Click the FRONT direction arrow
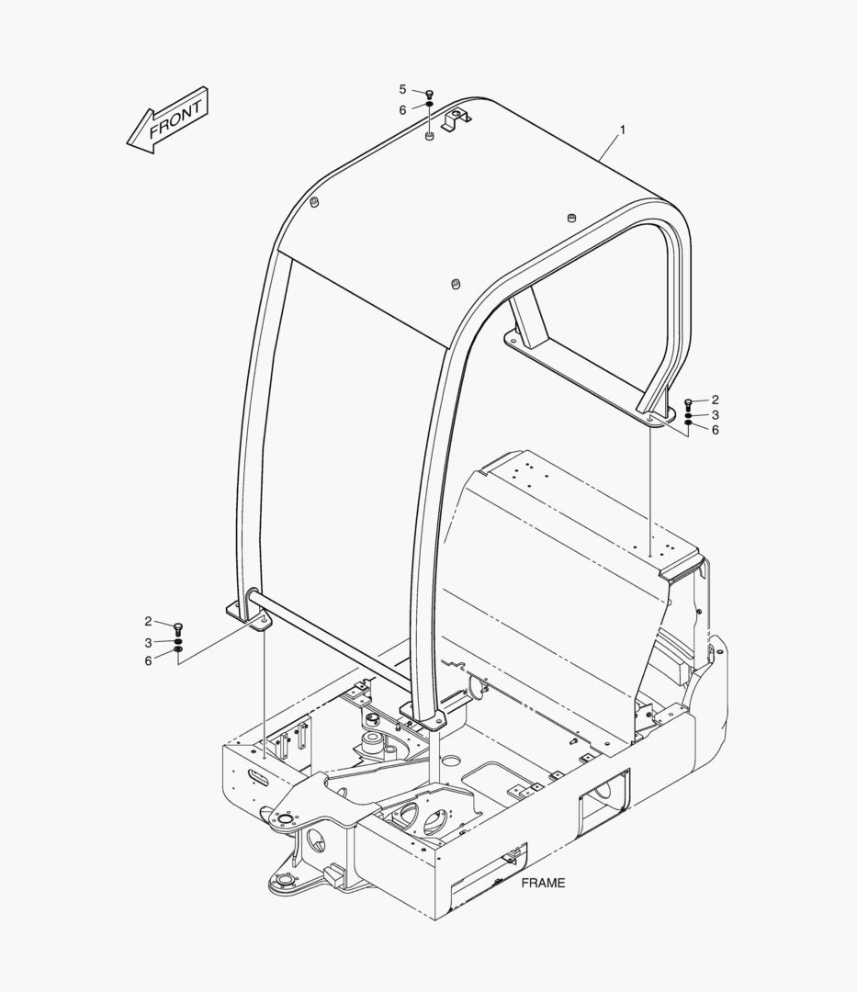[167, 119]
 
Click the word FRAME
[543, 884]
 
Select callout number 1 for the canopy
[622, 130]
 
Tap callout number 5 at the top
[402, 89]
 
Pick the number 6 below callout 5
[402, 109]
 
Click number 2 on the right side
[715, 400]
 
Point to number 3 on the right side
[715, 415]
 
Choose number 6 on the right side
[715, 430]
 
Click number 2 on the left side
[148, 622]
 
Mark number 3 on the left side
[148, 642]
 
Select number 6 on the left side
[148, 660]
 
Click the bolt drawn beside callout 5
[429, 94]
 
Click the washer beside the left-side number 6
[178, 653]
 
